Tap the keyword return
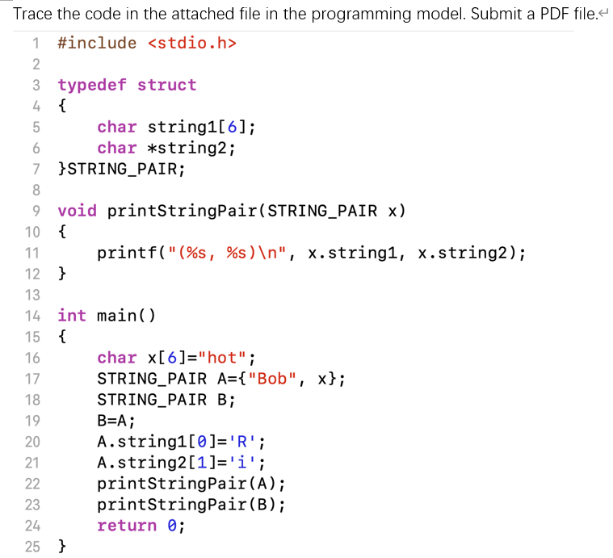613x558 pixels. click(x=127, y=526)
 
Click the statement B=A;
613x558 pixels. click(x=116, y=421)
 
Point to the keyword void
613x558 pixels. click(x=77, y=211)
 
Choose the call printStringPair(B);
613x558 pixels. click(x=191, y=505)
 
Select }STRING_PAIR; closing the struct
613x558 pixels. click(x=121, y=169)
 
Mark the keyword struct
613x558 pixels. click(x=166, y=85)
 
